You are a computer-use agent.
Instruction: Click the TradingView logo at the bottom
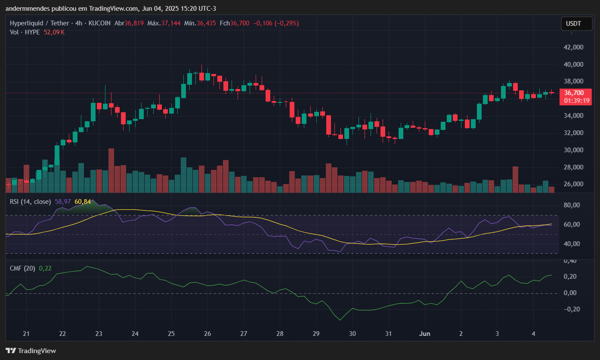31,351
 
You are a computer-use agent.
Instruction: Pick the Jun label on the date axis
424,333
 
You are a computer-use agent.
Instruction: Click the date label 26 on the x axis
207,333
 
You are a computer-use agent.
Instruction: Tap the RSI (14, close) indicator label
31,201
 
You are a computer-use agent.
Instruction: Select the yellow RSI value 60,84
83,201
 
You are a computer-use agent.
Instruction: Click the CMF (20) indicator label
23,268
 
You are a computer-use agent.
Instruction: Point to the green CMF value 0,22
45,268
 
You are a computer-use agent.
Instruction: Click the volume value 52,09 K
54,32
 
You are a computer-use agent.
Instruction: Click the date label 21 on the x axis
26,333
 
